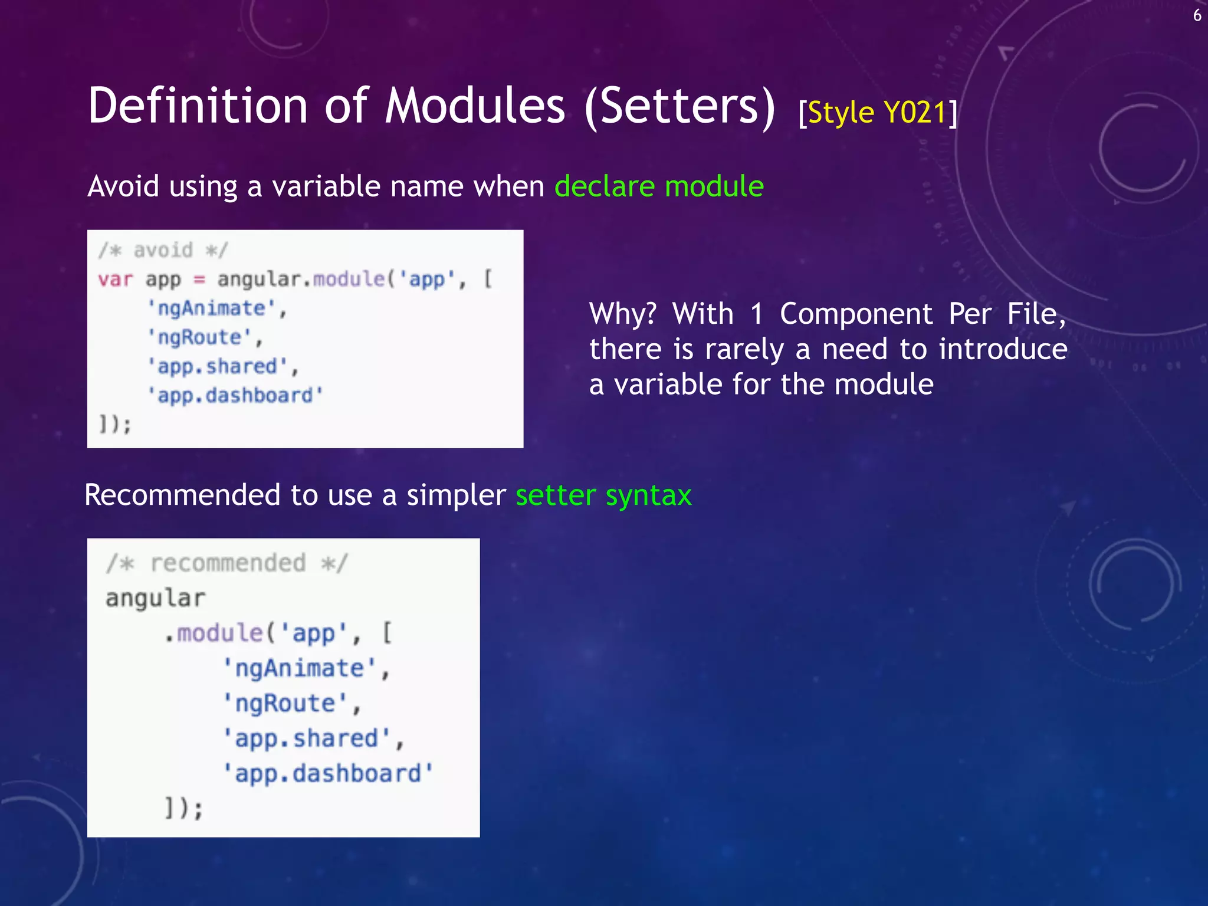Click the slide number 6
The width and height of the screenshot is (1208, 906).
1197,15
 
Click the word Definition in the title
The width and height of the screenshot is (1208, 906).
198,106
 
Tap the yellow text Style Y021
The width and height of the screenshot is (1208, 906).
877,112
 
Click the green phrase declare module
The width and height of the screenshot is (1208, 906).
659,186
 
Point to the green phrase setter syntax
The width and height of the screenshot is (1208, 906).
603,495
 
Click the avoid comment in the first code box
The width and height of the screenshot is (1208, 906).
163,250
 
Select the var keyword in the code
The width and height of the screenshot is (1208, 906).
116,279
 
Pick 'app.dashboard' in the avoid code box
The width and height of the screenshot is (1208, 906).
235,395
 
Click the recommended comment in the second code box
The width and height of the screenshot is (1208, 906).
227,563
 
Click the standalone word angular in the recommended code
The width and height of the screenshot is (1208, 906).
155,598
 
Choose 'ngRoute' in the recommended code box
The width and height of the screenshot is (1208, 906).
284,703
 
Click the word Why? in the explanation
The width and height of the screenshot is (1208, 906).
622,314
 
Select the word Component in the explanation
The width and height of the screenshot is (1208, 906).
856,314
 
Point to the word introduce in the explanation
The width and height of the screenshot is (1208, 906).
1003,349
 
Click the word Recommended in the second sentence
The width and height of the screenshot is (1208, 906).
182,495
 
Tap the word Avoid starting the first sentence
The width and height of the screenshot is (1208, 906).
123,186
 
